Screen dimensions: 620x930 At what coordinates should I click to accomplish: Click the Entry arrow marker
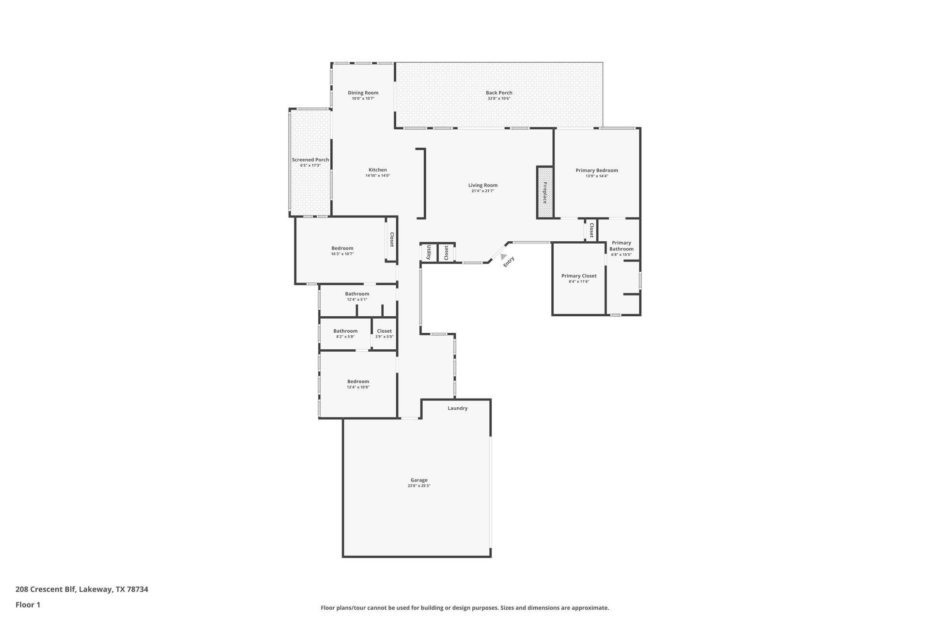(504, 257)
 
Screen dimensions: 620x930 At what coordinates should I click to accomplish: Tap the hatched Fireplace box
(544, 192)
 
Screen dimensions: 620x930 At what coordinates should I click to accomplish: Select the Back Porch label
(499, 93)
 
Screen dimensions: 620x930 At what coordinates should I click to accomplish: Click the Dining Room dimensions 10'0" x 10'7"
(363, 99)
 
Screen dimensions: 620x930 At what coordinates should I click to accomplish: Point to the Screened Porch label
(310, 160)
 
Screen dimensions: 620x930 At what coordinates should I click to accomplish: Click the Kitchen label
(377, 170)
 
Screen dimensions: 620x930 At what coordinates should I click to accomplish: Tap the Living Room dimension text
(482, 191)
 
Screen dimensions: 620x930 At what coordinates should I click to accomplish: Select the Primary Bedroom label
(596, 170)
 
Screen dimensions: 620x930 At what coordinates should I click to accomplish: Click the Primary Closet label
(579, 276)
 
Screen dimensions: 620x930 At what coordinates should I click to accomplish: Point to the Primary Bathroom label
(621, 246)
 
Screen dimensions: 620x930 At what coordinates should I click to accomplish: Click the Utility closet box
(429, 252)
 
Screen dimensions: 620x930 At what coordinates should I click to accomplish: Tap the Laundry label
(457, 408)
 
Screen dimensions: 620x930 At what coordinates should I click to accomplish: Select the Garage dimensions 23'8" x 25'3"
(418, 486)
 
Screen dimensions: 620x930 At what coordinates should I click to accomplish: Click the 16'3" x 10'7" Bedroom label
(342, 248)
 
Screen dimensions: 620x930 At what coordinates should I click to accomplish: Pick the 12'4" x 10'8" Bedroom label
(358, 382)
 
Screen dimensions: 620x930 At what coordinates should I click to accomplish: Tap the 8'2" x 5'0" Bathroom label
(345, 331)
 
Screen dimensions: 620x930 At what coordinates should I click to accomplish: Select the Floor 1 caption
(28, 604)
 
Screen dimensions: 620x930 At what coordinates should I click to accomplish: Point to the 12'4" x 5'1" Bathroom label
(357, 294)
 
